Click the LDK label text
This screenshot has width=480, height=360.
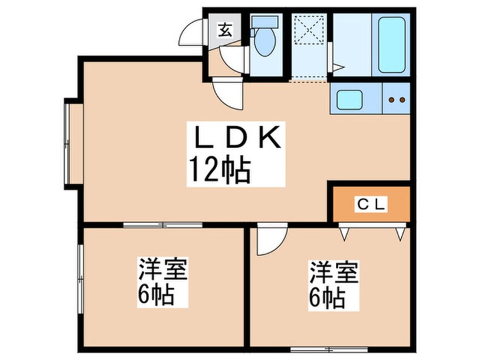coord(238,137)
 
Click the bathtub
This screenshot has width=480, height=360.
coord(391,44)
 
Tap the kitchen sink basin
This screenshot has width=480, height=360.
coord(350,100)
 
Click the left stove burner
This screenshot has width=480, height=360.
coord(391,100)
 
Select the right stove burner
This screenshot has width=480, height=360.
coord(402,100)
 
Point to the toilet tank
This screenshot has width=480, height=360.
coord(264,23)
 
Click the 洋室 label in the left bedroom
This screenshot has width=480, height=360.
coord(163,270)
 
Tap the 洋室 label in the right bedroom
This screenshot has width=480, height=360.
coord(334,272)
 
